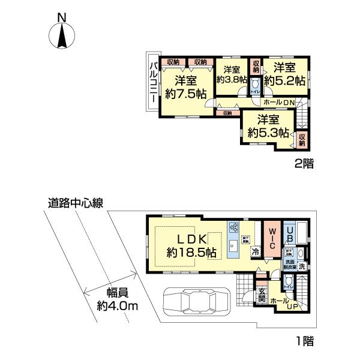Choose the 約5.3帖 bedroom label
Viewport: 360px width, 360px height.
268,132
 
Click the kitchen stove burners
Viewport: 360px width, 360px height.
233,228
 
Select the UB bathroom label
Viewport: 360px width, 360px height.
289,231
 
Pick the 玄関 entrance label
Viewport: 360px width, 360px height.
262,296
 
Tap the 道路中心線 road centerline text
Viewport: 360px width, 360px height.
76,203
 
